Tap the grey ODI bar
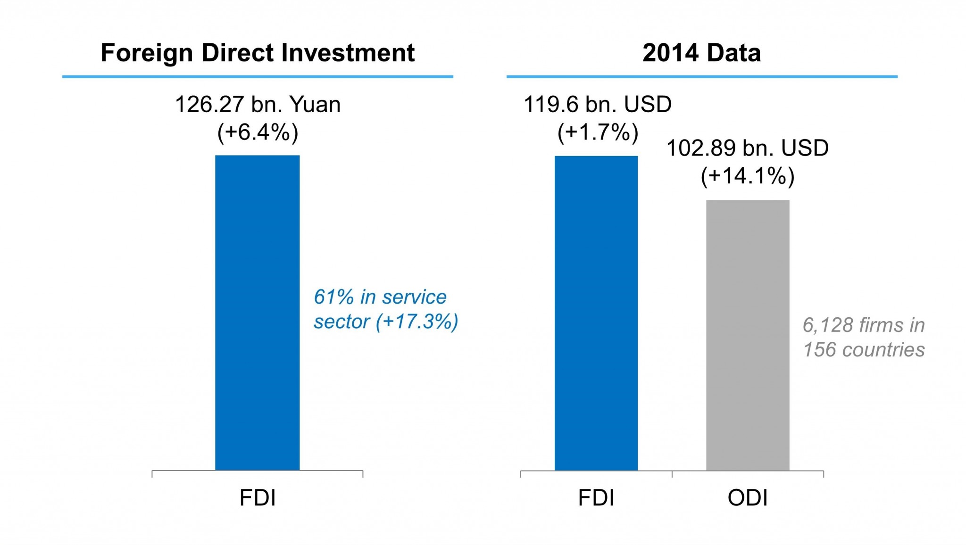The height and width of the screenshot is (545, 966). tap(748, 335)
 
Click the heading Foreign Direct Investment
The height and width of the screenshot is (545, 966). tap(258, 52)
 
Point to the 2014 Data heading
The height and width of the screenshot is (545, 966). tap(701, 52)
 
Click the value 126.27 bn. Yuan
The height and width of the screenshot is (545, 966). tap(258, 104)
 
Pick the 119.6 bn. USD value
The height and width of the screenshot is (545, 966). tap(598, 104)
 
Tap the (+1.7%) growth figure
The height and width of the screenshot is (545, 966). tap(598, 132)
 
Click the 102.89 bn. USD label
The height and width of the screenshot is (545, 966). tap(748, 148)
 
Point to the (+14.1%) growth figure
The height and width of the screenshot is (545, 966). tap(748, 176)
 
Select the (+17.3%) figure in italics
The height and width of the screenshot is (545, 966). tap(417, 322)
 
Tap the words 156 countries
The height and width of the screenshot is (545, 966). tap(864, 350)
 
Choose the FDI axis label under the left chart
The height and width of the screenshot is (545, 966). tap(258, 498)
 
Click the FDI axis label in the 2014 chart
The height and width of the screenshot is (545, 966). tap(596, 498)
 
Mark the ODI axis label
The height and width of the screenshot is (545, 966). tap(748, 498)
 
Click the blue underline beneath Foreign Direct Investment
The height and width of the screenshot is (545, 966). tap(258, 76)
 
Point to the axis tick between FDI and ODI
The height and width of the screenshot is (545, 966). tap(672, 473)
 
